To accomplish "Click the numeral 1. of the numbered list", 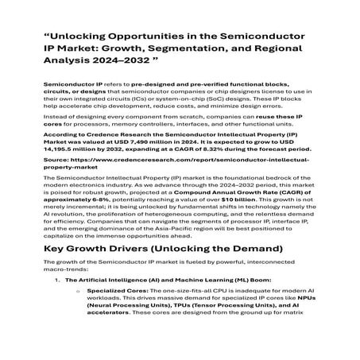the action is click(x=57, y=302).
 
